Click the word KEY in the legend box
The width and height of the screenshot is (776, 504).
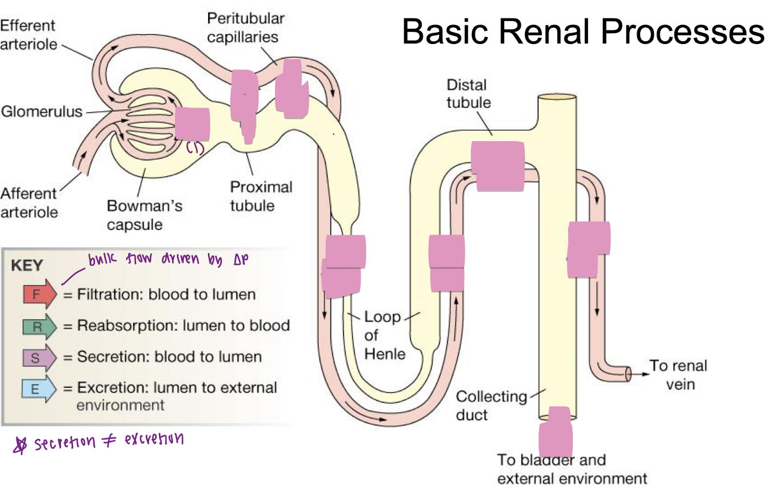coord(27,266)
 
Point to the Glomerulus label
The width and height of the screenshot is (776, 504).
coord(42,111)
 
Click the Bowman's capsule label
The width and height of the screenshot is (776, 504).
coord(144,215)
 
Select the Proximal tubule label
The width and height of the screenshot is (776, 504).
coord(261,196)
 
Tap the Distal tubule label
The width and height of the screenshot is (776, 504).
coord(468,93)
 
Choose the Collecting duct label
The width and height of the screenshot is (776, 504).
coord(491,406)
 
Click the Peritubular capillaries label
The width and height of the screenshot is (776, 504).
coord(245,28)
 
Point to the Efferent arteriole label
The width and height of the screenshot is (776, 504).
coord(28,35)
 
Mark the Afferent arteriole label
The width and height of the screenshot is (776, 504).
coord(29,203)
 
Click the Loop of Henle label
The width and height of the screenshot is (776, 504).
coord(384,335)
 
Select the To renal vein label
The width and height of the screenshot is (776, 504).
coord(679,375)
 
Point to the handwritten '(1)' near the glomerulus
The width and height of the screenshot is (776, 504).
coord(195,148)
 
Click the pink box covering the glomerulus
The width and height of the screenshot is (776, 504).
coord(192,124)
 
